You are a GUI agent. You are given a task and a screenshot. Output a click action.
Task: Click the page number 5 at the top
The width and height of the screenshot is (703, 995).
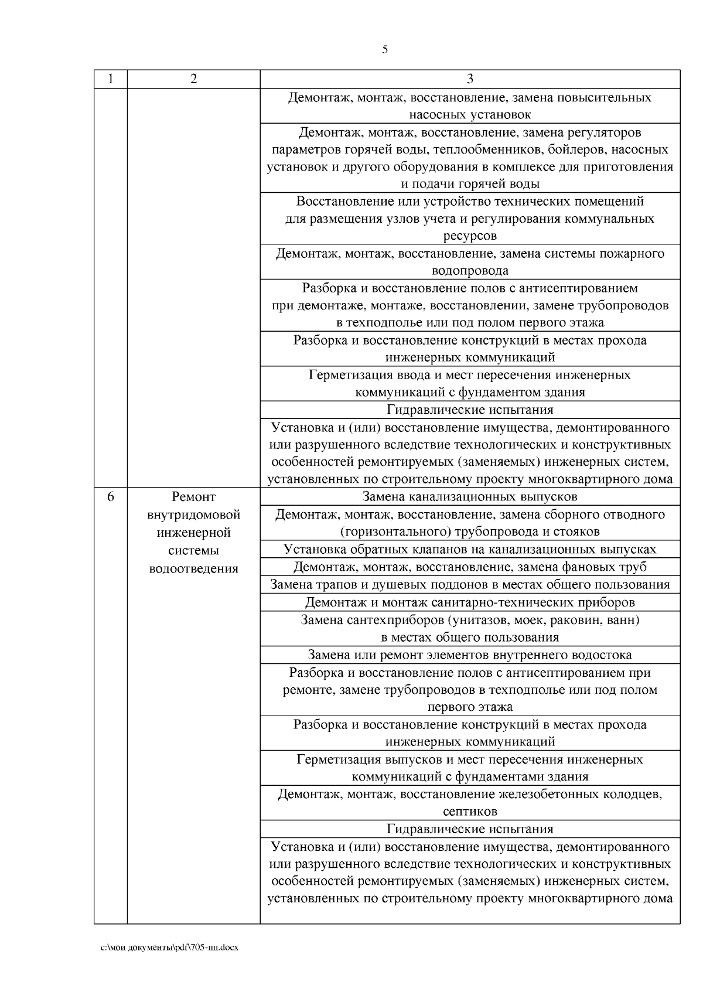[x=385, y=50]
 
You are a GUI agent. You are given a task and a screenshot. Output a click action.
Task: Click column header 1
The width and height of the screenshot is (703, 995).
[x=111, y=79]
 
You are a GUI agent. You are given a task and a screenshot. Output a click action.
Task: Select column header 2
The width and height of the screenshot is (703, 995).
[x=194, y=79]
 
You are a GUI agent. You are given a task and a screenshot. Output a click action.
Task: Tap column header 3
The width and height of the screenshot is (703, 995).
[x=470, y=79]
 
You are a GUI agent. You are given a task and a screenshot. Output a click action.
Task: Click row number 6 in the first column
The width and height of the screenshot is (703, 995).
[x=111, y=497]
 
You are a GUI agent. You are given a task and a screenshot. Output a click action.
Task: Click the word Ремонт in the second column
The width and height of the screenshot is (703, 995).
[x=194, y=497]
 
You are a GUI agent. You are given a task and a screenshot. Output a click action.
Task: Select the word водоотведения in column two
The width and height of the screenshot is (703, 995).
[x=194, y=568]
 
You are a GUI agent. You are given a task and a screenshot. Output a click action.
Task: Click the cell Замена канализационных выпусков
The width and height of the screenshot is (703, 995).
[x=470, y=497]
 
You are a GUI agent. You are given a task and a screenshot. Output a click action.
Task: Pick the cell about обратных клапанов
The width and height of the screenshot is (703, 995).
[x=470, y=549]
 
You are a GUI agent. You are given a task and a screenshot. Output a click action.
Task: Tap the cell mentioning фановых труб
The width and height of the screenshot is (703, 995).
[x=470, y=567]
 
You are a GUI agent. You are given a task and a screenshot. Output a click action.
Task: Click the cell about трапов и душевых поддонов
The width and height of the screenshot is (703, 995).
[x=470, y=584]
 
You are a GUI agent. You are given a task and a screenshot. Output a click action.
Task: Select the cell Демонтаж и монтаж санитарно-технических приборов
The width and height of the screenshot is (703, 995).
[x=470, y=602]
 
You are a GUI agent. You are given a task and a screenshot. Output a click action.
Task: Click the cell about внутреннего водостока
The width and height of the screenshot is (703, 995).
[x=470, y=655]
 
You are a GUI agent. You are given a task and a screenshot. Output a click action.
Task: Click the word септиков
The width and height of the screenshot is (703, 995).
[x=470, y=812]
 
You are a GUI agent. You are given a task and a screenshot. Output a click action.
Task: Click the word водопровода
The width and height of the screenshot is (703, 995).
[x=470, y=271]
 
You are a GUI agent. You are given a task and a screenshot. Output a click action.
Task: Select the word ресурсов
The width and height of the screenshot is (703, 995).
[x=470, y=236]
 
